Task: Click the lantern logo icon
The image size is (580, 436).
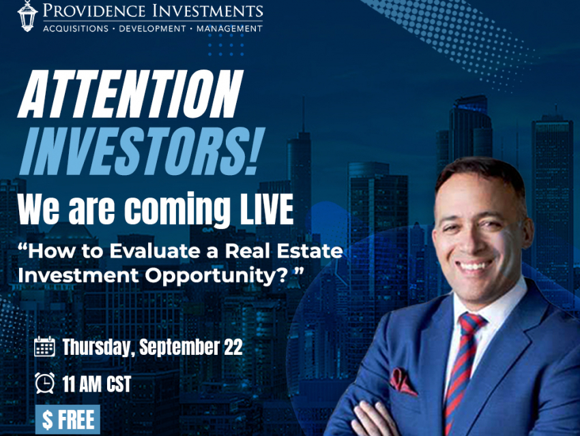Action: (x=27, y=16)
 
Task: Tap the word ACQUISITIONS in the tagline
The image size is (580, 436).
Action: (x=76, y=29)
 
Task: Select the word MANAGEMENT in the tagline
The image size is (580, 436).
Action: (x=229, y=29)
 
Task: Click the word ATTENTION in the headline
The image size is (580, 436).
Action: (x=130, y=94)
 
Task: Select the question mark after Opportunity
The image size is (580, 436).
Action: (x=282, y=275)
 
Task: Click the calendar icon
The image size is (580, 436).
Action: (x=44, y=346)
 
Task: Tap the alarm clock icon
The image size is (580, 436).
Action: (x=45, y=383)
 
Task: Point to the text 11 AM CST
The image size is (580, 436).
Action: (x=96, y=384)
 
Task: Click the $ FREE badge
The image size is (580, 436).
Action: (x=68, y=420)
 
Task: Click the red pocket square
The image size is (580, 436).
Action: (x=402, y=381)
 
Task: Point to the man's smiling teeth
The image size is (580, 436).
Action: (x=476, y=266)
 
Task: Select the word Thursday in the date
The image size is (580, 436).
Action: (x=96, y=347)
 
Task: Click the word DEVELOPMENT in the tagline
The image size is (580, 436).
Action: (x=152, y=29)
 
